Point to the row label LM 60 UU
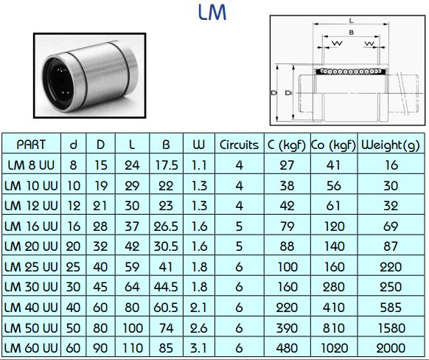[x=31, y=347]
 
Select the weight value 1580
[x=390, y=327]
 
